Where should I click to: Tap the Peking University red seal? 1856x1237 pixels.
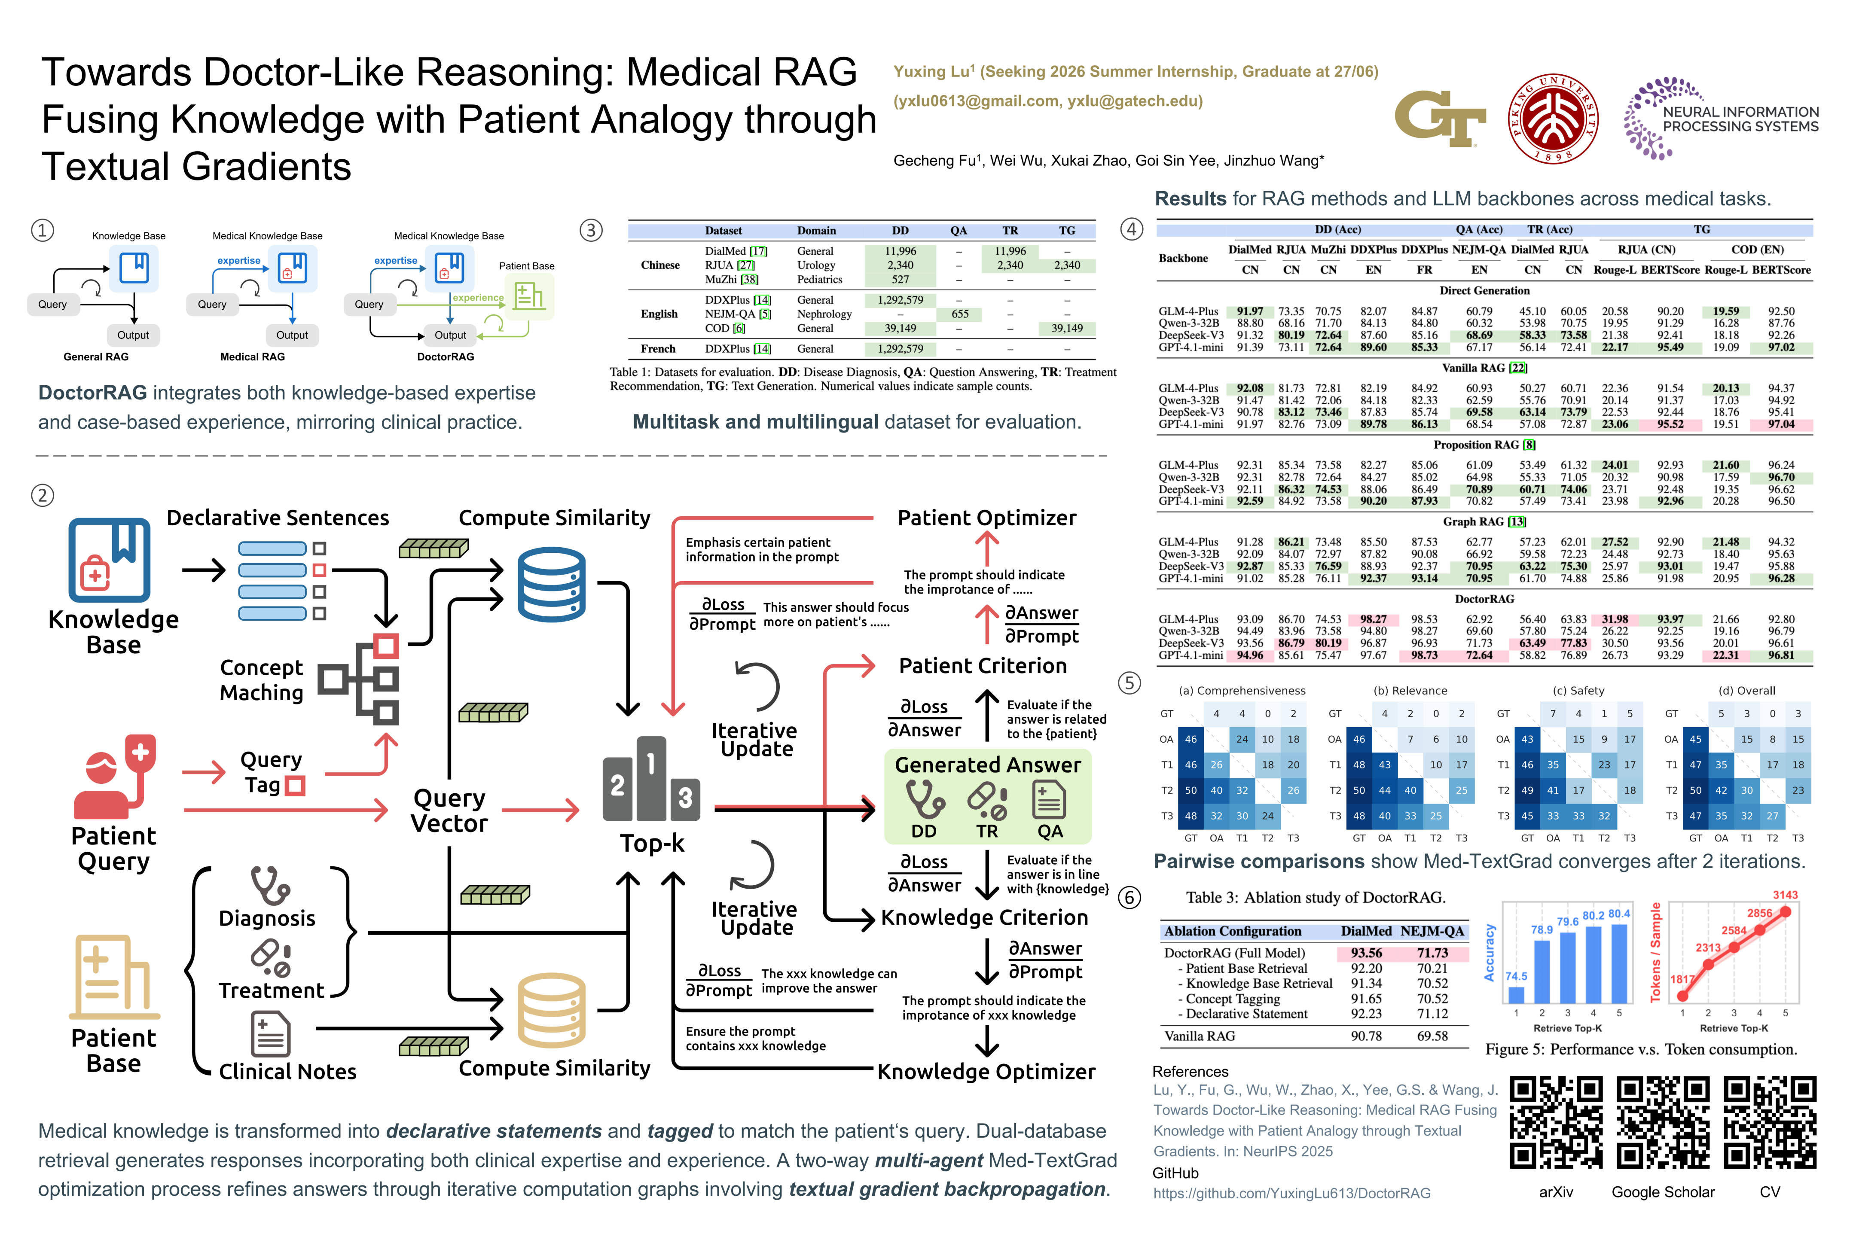pos(1553,119)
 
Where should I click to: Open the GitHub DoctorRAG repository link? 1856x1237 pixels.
pos(1292,1193)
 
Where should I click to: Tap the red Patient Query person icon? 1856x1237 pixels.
pos(114,777)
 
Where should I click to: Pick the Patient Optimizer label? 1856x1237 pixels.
pos(986,518)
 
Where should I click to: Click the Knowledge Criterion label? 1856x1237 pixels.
pos(984,917)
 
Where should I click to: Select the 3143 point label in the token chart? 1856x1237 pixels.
pos(1785,895)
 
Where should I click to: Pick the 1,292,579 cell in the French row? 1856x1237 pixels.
pos(901,349)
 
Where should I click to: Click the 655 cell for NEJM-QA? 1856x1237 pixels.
pos(959,314)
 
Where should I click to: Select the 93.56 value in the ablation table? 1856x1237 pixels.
pos(1366,953)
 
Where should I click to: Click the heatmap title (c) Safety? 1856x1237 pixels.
pos(1578,690)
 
